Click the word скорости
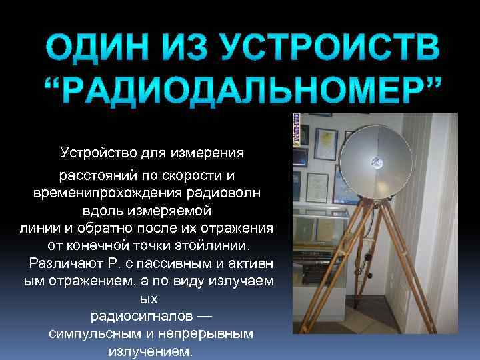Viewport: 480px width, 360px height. point(188,175)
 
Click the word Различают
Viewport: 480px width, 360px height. point(63,263)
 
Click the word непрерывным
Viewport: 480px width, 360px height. point(214,333)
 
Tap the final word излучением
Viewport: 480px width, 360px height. point(149,351)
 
